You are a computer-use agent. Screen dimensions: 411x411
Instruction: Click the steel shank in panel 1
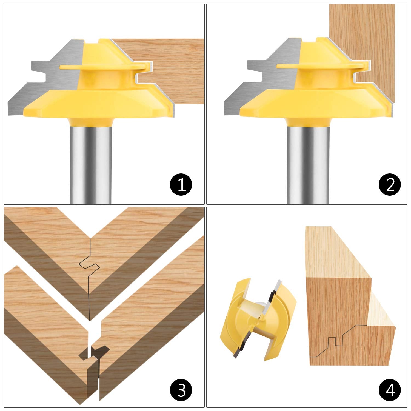tap(91, 164)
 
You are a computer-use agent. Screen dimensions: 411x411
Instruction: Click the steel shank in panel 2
tap(308, 164)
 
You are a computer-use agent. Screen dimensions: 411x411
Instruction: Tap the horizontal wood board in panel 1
tap(175, 71)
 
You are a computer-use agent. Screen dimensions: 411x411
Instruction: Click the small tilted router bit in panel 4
tap(258, 318)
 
